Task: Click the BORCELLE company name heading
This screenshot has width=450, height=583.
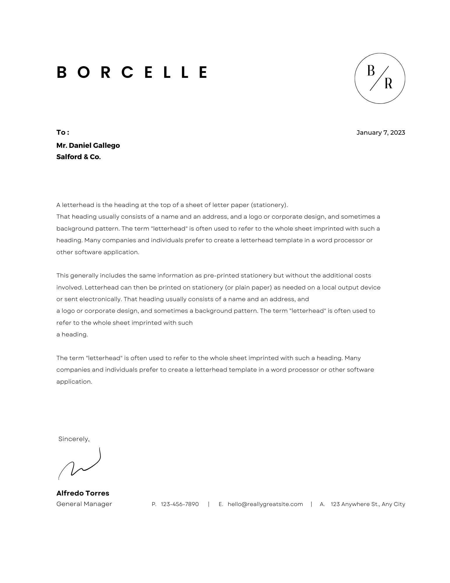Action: [x=132, y=72]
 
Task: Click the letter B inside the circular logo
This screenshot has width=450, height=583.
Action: [x=370, y=71]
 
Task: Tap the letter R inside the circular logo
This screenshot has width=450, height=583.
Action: [x=388, y=83]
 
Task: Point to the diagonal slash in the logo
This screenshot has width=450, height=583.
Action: [x=379, y=78]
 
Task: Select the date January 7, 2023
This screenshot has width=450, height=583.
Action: [x=380, y=133]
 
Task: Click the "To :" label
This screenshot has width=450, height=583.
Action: [x=63, y=132]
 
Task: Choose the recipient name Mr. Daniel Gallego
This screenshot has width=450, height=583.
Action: [x=88, y=145]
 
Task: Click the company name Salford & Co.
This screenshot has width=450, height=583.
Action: [x=78, y=157]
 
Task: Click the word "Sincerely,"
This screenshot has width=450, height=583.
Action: [x=74, y=439]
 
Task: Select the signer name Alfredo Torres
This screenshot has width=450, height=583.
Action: [x=83, y=493]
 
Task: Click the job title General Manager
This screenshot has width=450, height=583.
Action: [x=84, y=504]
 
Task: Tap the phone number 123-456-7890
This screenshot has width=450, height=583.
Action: [x=180, y=504]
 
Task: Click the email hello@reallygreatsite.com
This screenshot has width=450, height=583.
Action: [x=265, y=504]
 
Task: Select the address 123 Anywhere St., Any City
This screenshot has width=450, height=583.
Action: [x=368, y=504]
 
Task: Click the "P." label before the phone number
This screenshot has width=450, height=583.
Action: [x=154, y=504]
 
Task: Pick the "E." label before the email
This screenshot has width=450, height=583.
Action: [x=221, y=504]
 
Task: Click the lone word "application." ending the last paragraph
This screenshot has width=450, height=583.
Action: [x=74, y=382]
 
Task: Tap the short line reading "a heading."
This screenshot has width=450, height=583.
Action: [x=72, y=334]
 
